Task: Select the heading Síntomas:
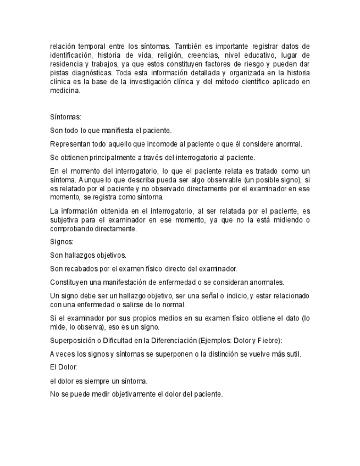(x=65, y=118)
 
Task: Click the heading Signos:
(x=62, y=242)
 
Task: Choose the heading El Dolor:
(x=64, y=367)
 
